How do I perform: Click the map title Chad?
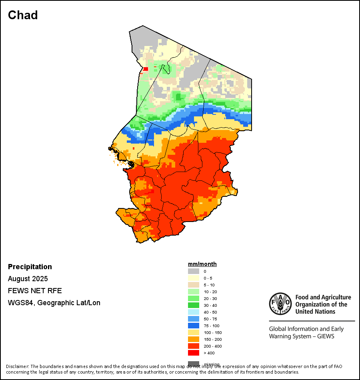[23, 15]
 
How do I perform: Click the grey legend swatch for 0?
[194, 271]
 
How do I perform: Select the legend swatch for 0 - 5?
[194, 278]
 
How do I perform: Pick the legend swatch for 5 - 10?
[194, 285]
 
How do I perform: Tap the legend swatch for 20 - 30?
[194, 298]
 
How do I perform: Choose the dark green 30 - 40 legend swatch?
[194, 305]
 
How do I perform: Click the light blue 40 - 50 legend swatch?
[194, 312]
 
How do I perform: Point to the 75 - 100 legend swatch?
[194, 326]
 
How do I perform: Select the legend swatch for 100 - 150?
[194, 332]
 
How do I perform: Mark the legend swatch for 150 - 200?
[194, 339]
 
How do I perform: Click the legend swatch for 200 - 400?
[194, 346]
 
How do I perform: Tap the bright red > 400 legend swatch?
[194, 353]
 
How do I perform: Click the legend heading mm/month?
[202, 264]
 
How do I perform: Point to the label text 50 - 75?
[210, 319]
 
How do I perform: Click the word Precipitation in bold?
[30, 267]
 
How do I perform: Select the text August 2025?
[28, 279]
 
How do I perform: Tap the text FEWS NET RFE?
[35, 291]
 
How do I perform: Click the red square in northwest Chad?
[146, 69]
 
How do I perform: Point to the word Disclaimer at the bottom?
[17, 366]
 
